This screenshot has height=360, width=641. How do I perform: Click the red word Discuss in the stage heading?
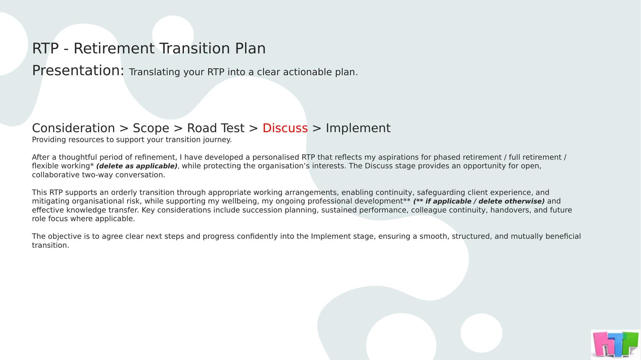tap(285, 128)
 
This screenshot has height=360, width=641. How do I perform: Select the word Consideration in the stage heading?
tap(73, 128)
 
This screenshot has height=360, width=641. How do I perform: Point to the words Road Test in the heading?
tap(216, 128)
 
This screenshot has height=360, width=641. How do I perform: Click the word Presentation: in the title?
tap(78, 70)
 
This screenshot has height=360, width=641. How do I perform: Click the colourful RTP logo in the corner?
tap(616, 344)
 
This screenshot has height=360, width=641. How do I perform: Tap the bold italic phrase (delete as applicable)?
tap(137, 166)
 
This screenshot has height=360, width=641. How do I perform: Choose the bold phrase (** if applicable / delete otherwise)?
tap(479, 201)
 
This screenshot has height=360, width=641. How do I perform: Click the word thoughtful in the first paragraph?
tap(78, 157)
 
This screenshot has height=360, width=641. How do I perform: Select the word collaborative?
tap(56, 175)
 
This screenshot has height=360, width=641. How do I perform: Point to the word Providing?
tap(49, 140)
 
